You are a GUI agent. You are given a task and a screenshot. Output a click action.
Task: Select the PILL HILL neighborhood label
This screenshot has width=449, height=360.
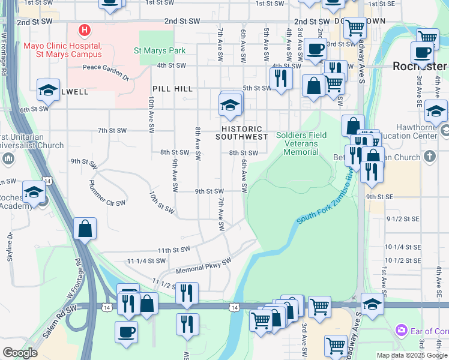coord(172,89)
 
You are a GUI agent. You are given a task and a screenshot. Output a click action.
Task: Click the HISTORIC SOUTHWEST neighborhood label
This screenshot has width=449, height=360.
coord(244,133)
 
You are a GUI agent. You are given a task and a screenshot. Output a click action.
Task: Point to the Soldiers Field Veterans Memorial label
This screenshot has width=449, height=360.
coord(301,143)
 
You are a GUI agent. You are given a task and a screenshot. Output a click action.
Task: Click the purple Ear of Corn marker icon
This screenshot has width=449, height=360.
coord(402,330)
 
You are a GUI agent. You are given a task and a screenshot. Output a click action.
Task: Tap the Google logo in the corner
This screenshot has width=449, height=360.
coord(20,353)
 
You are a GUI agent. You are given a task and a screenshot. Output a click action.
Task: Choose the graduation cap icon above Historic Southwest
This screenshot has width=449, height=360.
coord(230,106)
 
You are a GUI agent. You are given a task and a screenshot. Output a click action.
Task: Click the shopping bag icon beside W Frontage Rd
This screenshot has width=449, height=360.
coord(85,229)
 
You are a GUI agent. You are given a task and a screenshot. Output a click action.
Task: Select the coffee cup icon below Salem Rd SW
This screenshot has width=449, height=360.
coord(126,332)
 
